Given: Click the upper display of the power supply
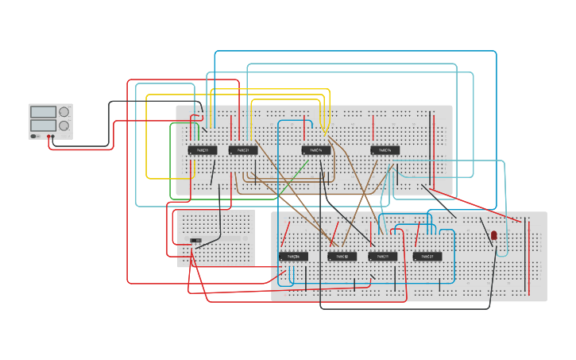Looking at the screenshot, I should coord(43,112).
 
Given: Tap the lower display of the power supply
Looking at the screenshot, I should coord(43,126).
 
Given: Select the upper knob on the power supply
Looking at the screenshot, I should coord(64,112).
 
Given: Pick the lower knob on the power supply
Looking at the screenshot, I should coord(64,126).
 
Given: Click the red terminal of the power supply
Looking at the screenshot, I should coord(53,136).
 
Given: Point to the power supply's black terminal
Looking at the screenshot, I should coord(48,136).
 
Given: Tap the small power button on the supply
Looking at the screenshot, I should coord(34,136).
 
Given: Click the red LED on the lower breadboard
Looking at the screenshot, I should coord(493,235).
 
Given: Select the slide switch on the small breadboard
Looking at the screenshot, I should coord(195,240).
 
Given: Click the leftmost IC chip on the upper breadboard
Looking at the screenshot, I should coord(202,150).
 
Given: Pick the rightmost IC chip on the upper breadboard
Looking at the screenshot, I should coord(385,150).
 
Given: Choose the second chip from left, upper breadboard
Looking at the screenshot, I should coord(243,150).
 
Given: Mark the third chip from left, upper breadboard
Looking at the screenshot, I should coord(315,150).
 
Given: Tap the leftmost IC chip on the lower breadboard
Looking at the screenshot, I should coord(293,257).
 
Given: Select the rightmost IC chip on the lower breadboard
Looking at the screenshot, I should coord(427,257).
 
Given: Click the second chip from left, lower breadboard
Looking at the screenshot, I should coord(342,257).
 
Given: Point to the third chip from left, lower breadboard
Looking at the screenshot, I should coord(382,257).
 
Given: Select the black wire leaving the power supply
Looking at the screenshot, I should coord(109,119).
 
